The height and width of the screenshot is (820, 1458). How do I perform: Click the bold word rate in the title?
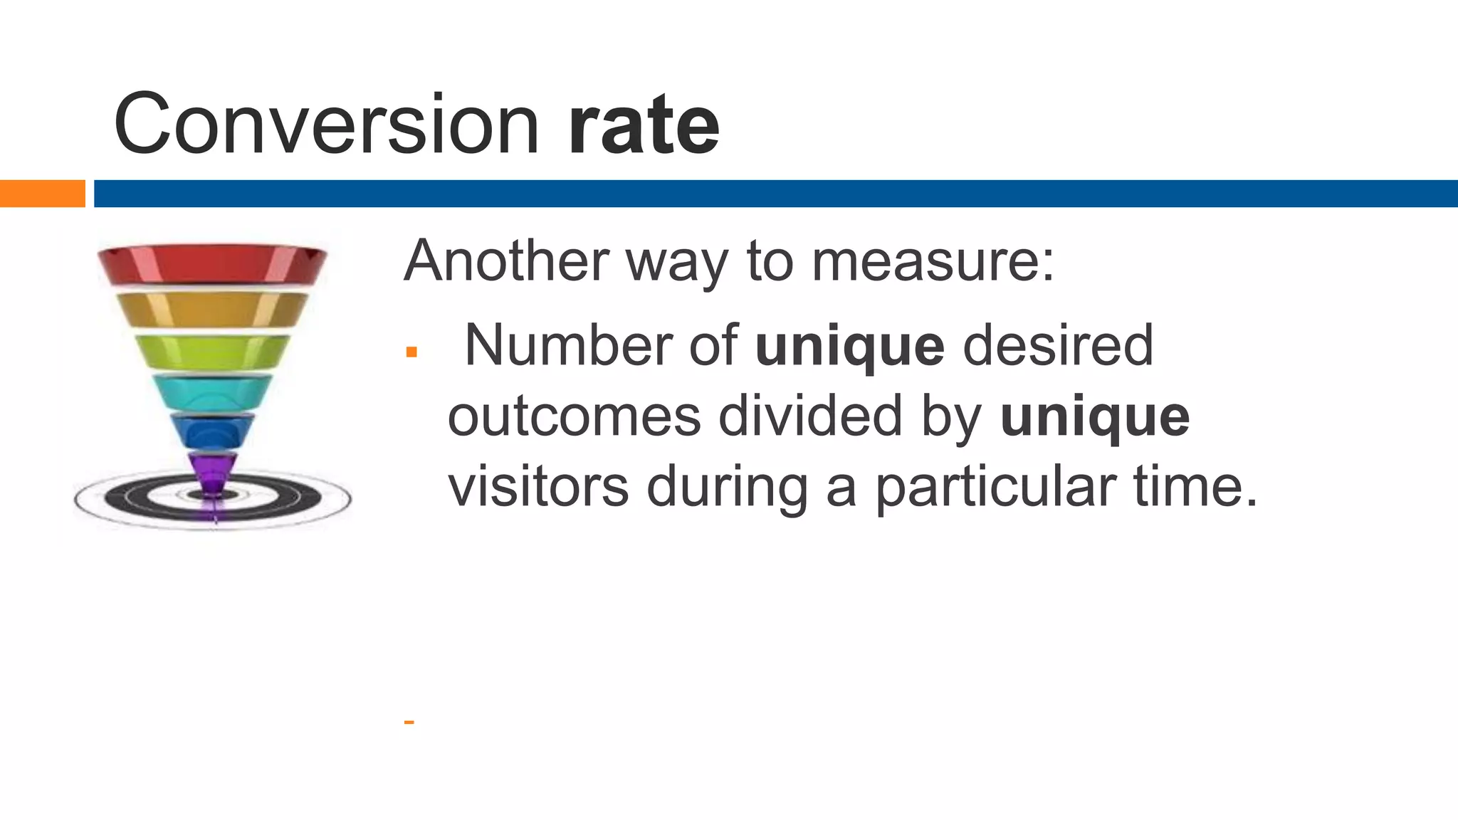(644, 127)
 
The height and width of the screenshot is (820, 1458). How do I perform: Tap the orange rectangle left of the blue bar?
(42, 194)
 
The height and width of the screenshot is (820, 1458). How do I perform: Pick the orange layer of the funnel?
(212, 310)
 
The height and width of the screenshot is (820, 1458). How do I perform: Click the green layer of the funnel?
(212, 352)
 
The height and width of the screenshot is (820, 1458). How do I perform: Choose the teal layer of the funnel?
(212, 391)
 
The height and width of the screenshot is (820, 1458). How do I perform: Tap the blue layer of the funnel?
(212, 431)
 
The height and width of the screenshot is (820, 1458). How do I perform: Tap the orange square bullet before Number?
(411, 352)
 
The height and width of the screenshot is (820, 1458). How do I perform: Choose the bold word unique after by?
(1094, 418)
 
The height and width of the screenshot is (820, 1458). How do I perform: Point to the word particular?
(995, 488)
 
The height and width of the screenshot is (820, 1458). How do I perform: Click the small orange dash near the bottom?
(409, 722)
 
